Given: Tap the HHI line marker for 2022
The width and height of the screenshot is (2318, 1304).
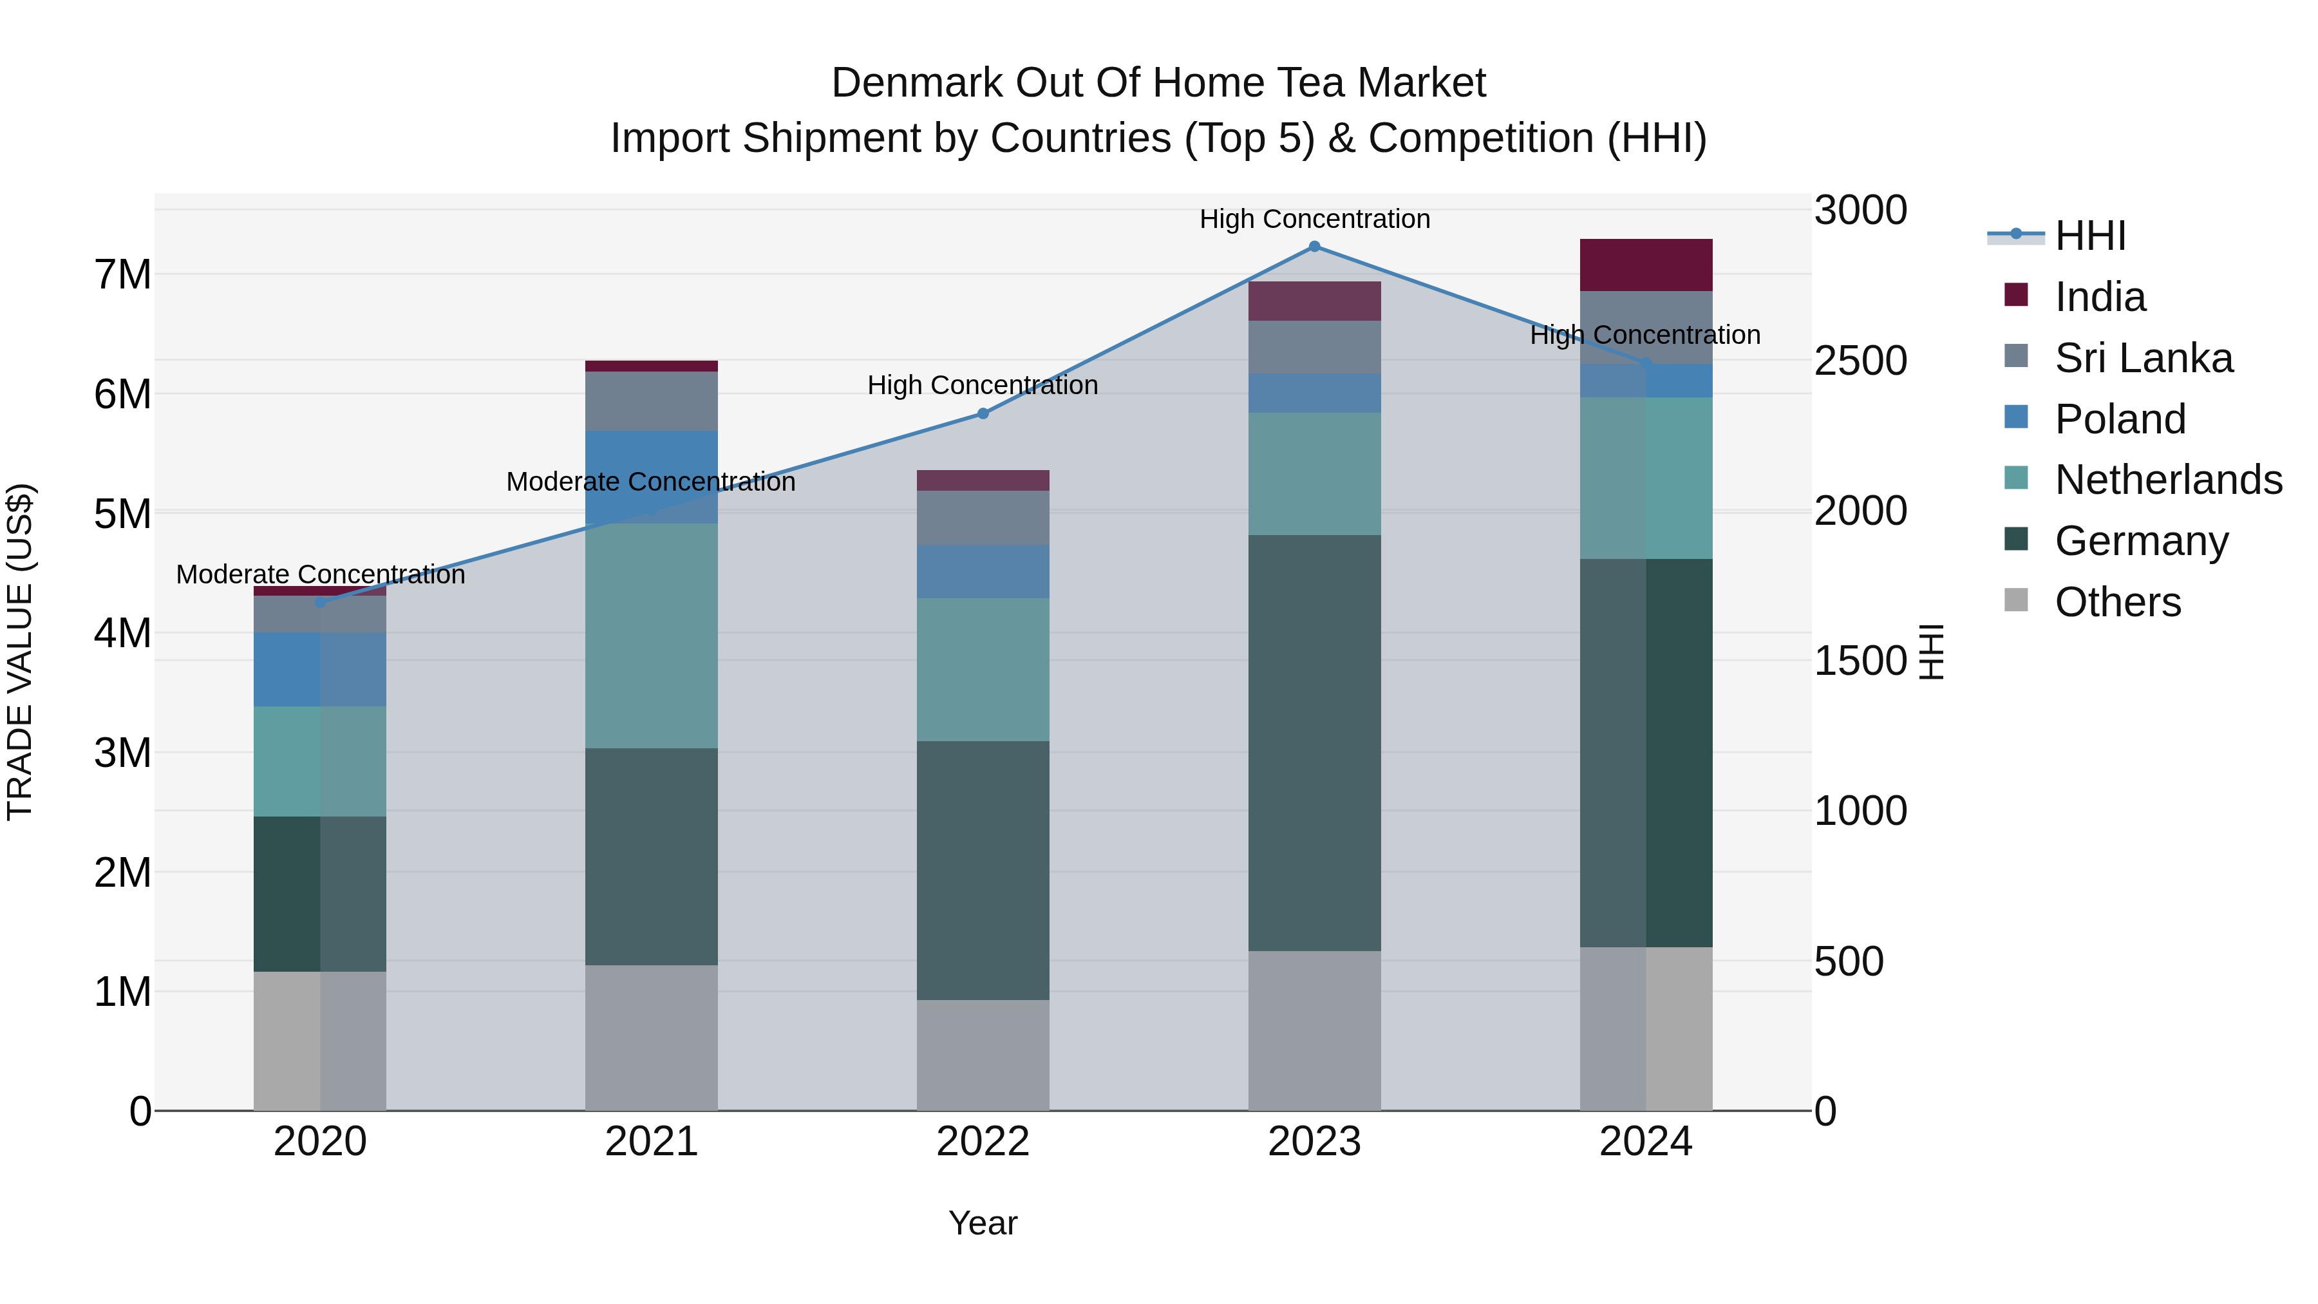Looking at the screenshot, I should tap(983, 414).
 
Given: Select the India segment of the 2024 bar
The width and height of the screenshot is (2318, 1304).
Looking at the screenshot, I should tap(1646, 265).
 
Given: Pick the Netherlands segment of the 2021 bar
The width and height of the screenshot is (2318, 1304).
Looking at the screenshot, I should tap(652, 636).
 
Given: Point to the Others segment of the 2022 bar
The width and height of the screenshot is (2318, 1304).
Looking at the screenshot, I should tap(983, 1055).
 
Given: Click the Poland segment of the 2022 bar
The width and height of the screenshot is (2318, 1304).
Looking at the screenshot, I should tap(983, 571).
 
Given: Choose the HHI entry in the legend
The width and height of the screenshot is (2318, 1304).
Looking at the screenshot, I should tap(2089, 236).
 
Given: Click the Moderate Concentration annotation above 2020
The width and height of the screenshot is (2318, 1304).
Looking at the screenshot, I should tap(321, 574).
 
